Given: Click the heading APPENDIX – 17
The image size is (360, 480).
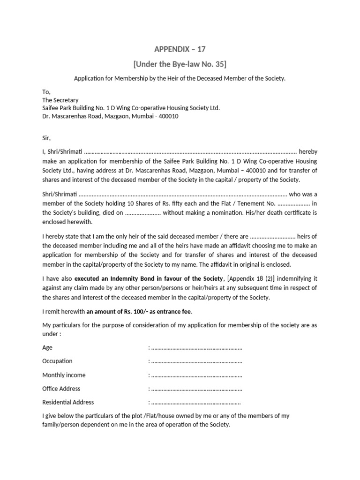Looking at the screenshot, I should tap(180, 49).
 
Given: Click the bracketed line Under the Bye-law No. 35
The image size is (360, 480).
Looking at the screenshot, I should tap(180, 64).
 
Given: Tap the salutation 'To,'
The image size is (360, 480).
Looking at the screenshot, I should tap(46, 92).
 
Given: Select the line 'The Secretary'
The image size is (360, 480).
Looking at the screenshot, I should tap(60, 100).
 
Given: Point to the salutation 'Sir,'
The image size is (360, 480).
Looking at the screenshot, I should tap(46, 138).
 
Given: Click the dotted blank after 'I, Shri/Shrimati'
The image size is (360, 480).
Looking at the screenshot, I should tap(190, 151).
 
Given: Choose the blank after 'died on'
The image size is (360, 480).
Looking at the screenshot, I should tap(143, 213).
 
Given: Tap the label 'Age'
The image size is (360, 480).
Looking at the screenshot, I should tap(47, 348).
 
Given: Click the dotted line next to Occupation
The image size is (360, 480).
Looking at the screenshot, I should tap(196, 361).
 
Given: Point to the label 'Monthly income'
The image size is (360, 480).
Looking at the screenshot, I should tap(64, 375).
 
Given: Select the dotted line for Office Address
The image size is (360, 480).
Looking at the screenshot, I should tap(196, 389).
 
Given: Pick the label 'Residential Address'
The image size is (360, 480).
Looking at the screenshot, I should tap(68, 402).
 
